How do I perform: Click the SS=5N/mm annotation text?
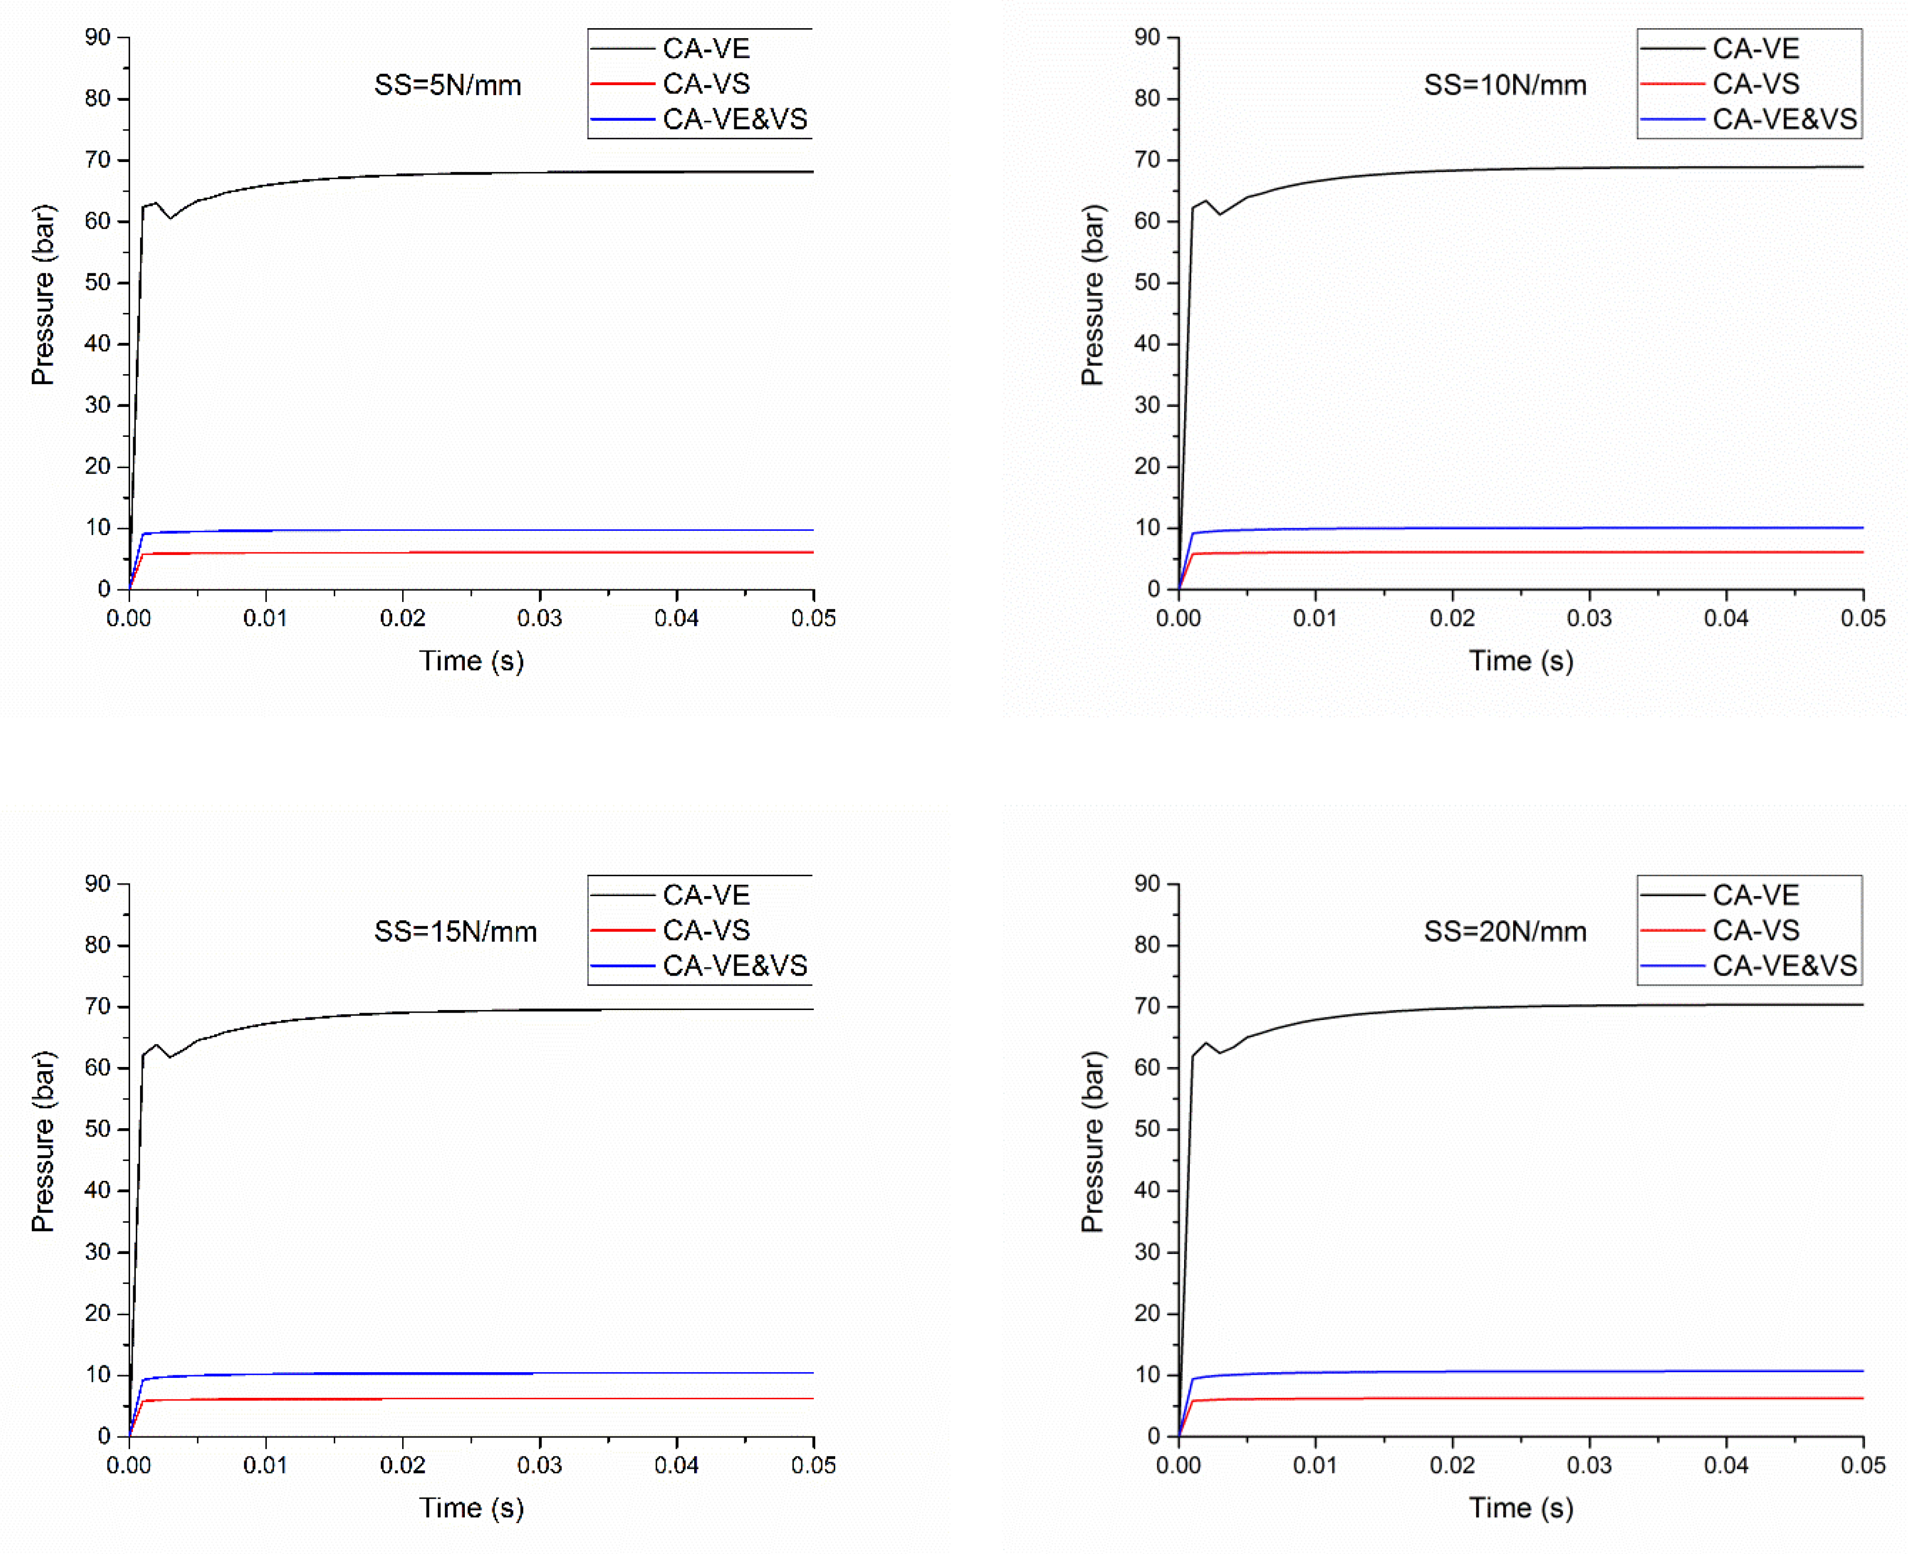(x=448, y=86)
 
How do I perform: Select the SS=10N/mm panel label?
(x=1505, y=86)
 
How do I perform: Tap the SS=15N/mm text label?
(x=455, y=932)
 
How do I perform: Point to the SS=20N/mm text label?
(x=1505, y=932)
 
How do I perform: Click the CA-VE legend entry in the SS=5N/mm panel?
(x=705, y=49)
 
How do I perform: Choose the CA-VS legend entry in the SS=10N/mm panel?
(x=1755, y=84)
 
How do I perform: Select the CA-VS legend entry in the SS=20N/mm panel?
(x=1755, y=931)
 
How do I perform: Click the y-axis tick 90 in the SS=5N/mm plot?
(x=98, y=38)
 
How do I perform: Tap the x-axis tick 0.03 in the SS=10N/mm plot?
(x=1589, y=619)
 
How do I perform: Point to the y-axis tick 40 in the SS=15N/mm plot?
(x=98, y=1190)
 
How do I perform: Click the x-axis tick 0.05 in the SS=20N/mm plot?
(x=1863, y=1465)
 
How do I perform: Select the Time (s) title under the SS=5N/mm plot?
(x=472, y=662)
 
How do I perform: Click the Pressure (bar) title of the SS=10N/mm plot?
(x=1093, y=295)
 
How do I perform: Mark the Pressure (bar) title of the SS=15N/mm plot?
(x=43, y=1142)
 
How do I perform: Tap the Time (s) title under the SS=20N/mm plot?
(x=1521, y=1509)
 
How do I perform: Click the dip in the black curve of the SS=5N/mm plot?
(x=170, y=217)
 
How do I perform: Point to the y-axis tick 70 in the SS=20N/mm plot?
(x=1148, y=1006)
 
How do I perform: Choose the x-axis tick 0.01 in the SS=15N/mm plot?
(x=266, y=1465)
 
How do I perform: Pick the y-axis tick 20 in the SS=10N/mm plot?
(x=1148, y=467)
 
